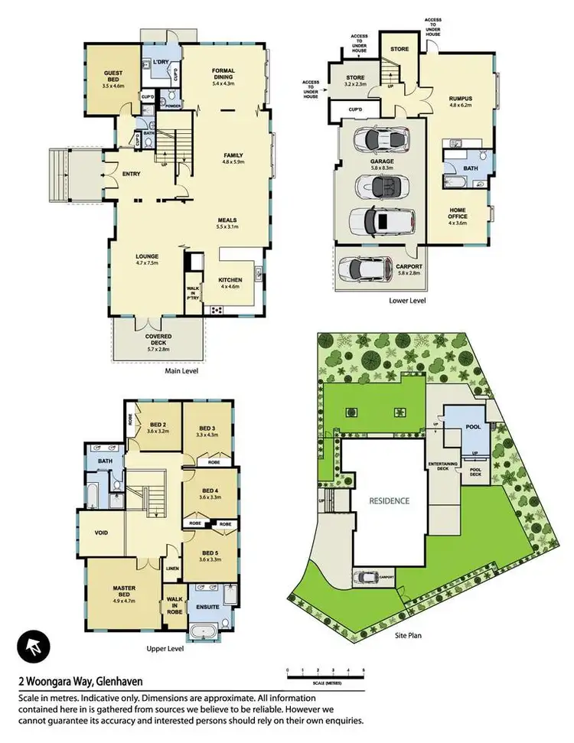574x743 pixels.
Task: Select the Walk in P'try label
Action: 193,293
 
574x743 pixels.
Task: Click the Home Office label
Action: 457,212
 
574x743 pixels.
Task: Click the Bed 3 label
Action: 208,432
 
